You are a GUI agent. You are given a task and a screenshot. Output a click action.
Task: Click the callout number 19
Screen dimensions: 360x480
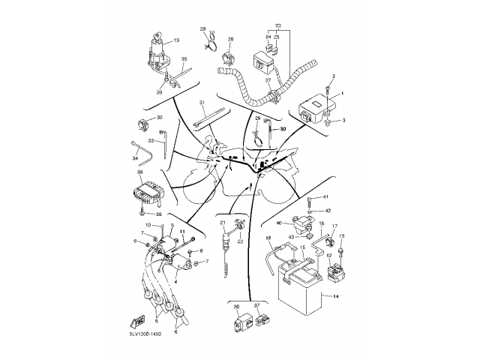[x=176, y=40]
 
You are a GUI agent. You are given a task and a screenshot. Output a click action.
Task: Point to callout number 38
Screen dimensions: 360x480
[x=139, y=172]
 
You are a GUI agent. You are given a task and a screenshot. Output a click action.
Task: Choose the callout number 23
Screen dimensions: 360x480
[x=277, y=26]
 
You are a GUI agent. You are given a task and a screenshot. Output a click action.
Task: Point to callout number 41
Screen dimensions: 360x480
[x=325, y=196]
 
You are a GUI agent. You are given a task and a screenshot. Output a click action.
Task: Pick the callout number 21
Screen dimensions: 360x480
[x=223, y=223]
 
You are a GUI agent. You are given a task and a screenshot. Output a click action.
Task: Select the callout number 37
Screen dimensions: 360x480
[x=256, y=306]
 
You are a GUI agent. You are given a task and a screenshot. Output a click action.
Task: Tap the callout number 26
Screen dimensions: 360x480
[x=230, y=39]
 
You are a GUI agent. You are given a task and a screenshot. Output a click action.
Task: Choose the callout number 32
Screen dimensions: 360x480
[x=159, y=118]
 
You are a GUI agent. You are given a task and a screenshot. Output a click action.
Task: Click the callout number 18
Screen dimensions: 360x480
[x=268, y=238]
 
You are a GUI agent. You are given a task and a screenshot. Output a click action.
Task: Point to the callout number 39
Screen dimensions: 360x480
[x=158, y=214]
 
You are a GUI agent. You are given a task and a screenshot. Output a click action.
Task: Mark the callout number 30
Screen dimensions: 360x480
[x=283, y=129]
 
